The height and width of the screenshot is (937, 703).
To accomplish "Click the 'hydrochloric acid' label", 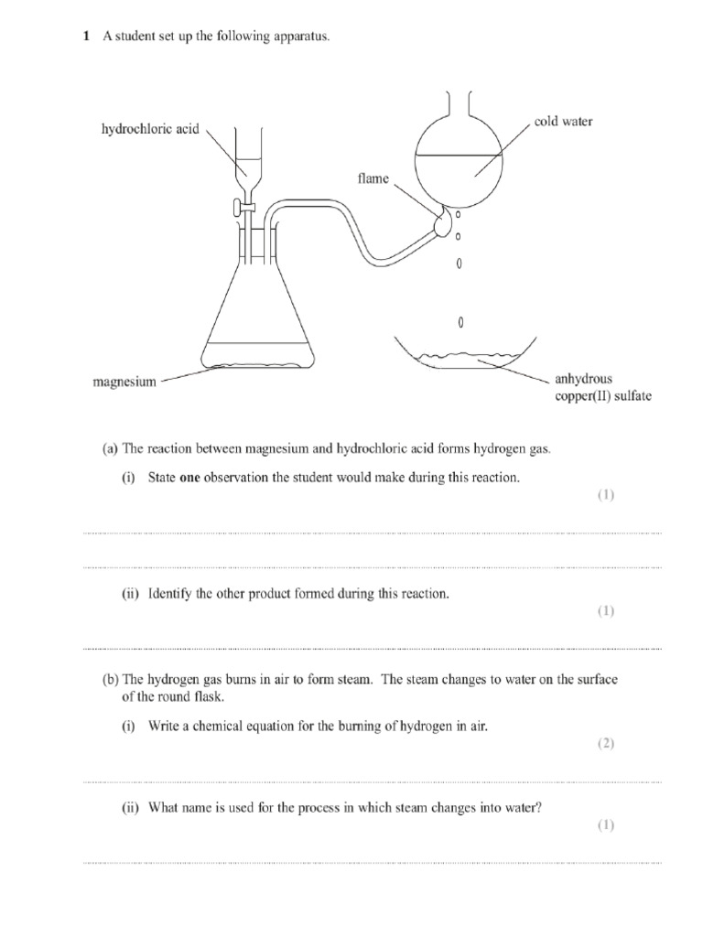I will pos(150,130).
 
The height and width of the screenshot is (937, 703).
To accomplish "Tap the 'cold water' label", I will pos(564,122).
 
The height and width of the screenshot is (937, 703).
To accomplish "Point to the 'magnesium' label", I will pos(124,382).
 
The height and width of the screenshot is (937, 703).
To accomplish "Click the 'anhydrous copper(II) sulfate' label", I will pos(602,387).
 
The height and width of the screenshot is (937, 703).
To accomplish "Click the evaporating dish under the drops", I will pos(464,358).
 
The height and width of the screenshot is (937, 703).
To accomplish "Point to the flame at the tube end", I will pos(446,221).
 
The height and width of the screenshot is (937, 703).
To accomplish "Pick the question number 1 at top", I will pos(86,37).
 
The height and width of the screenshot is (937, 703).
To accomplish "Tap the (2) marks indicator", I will pos(606,744).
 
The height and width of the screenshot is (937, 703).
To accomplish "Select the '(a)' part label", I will pos(111,448).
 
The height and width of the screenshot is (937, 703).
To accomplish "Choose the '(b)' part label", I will pos(111,680).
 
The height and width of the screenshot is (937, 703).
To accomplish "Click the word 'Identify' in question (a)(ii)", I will pos(170,594).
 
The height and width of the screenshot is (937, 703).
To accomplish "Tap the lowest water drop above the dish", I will pos(460,323).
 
